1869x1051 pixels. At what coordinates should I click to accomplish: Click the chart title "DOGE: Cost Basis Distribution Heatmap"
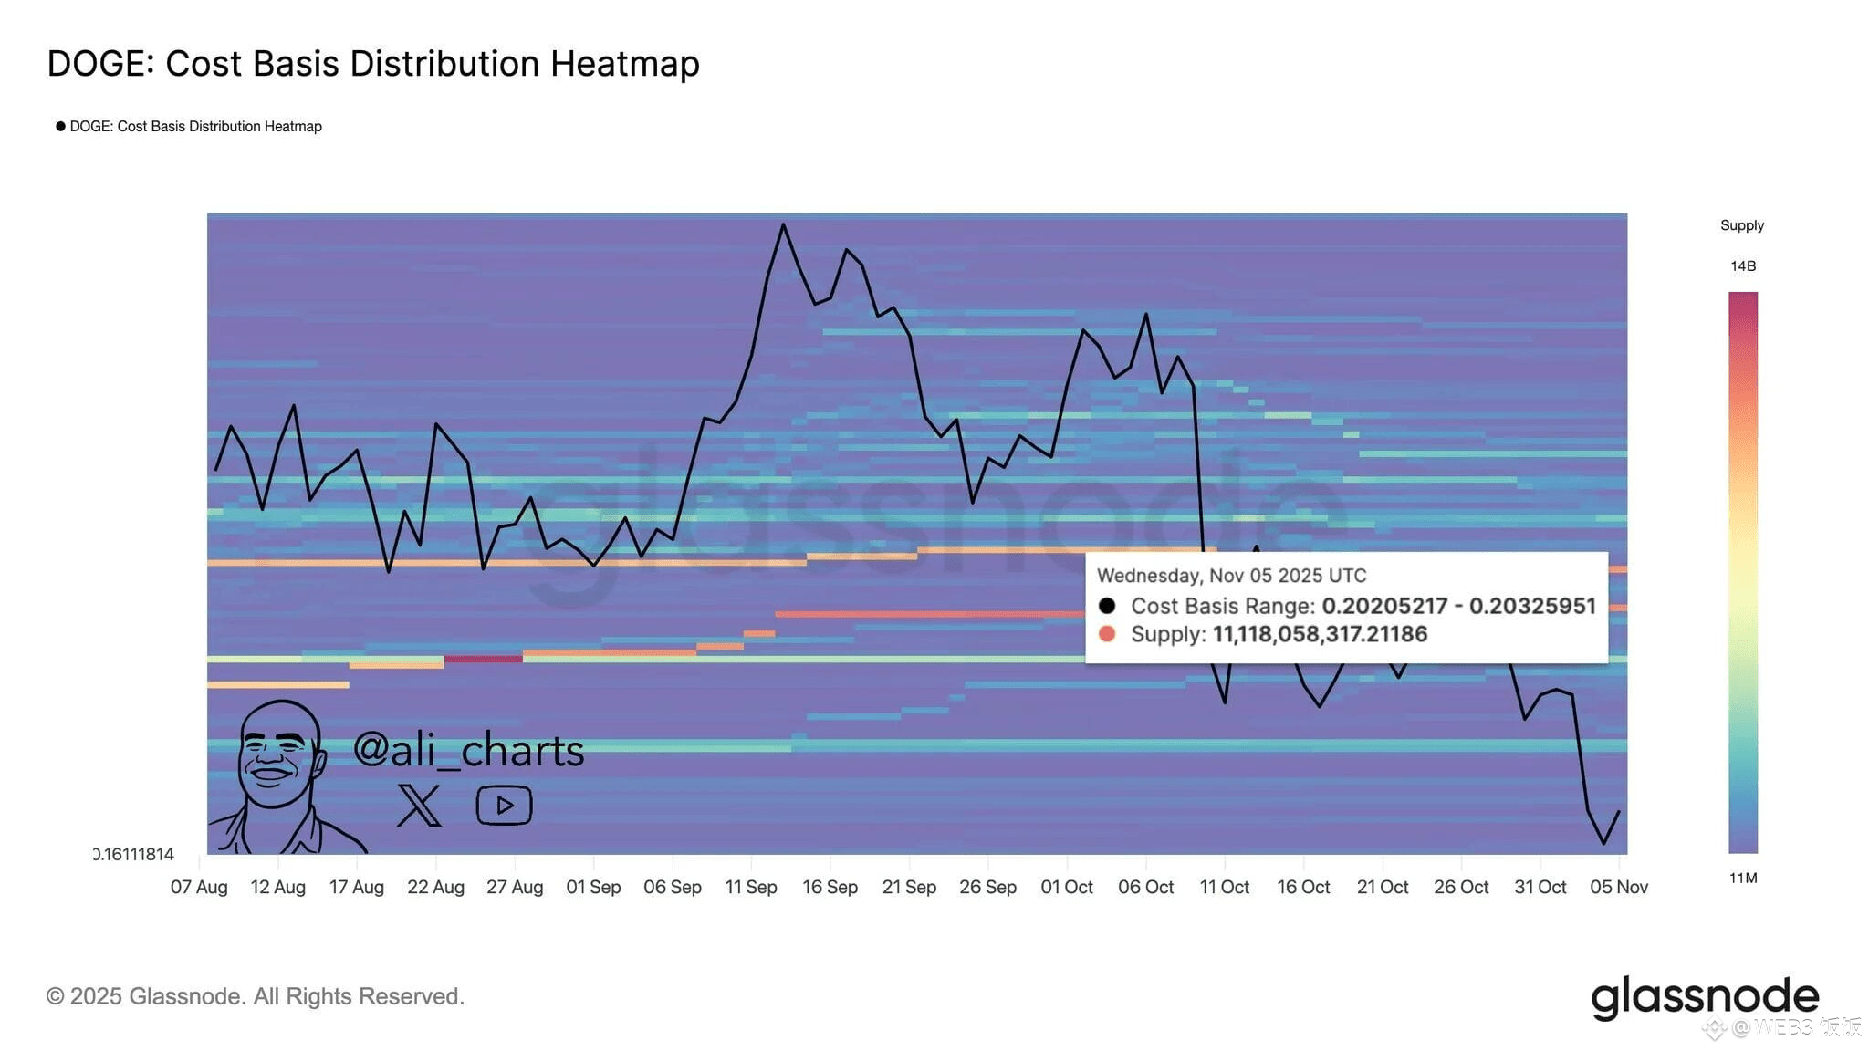coord(373,64)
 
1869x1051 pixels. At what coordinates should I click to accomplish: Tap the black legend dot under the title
coord(61,126)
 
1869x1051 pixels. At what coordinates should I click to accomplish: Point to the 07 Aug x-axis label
coord(199,887)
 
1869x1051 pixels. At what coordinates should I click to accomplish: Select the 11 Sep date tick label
coord(751,887)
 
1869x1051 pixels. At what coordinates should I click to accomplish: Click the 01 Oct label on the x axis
coord(1067,887)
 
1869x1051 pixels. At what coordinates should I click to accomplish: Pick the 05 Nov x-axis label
coord(1619,887)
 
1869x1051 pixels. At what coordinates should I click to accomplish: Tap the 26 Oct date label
coord(1461,887)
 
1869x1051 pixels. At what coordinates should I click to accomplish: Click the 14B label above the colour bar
coord(1743,266)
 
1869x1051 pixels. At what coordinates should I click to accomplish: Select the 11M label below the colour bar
coord(1743,879)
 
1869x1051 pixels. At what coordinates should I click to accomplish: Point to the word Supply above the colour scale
coord(1742,225)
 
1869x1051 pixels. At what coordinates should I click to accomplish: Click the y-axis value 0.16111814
coord(134,855)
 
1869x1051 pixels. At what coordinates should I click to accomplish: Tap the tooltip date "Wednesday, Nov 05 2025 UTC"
coord(1231,576)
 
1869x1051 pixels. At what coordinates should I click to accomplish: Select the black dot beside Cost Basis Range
coord(1107,606)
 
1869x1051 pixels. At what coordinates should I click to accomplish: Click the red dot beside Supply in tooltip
coord(1107,634)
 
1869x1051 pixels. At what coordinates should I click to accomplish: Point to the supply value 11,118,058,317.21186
coord(1320,634)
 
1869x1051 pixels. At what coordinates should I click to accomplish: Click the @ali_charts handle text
coord(468,750)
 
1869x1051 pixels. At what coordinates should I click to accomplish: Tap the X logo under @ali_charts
coord(419,805)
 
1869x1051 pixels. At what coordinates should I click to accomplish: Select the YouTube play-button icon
coord(504,805)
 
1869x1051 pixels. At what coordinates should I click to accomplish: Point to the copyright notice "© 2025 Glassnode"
coord(255,996)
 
